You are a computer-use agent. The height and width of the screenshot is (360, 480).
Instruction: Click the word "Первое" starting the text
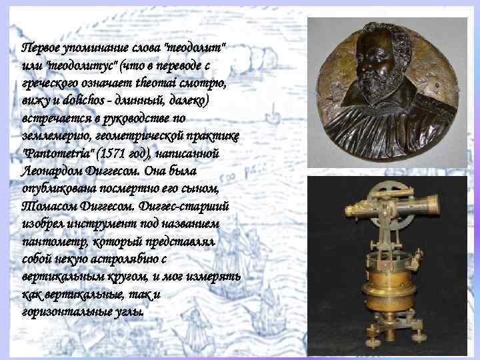(41, 49)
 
